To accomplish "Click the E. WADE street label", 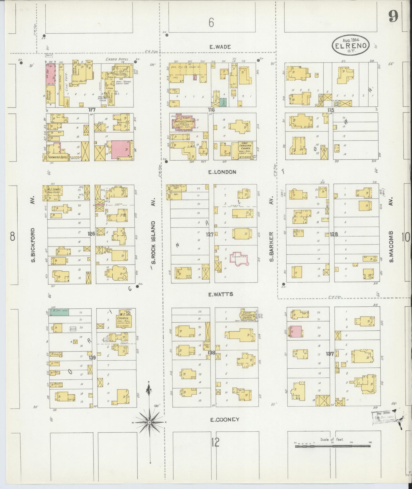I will coord(220,47).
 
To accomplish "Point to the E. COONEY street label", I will coord(224,419).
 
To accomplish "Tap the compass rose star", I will coord(149,422).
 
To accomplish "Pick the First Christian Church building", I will coord(245,150).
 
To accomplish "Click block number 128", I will coord(334,234).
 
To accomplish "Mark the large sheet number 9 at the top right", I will coord(393,17).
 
